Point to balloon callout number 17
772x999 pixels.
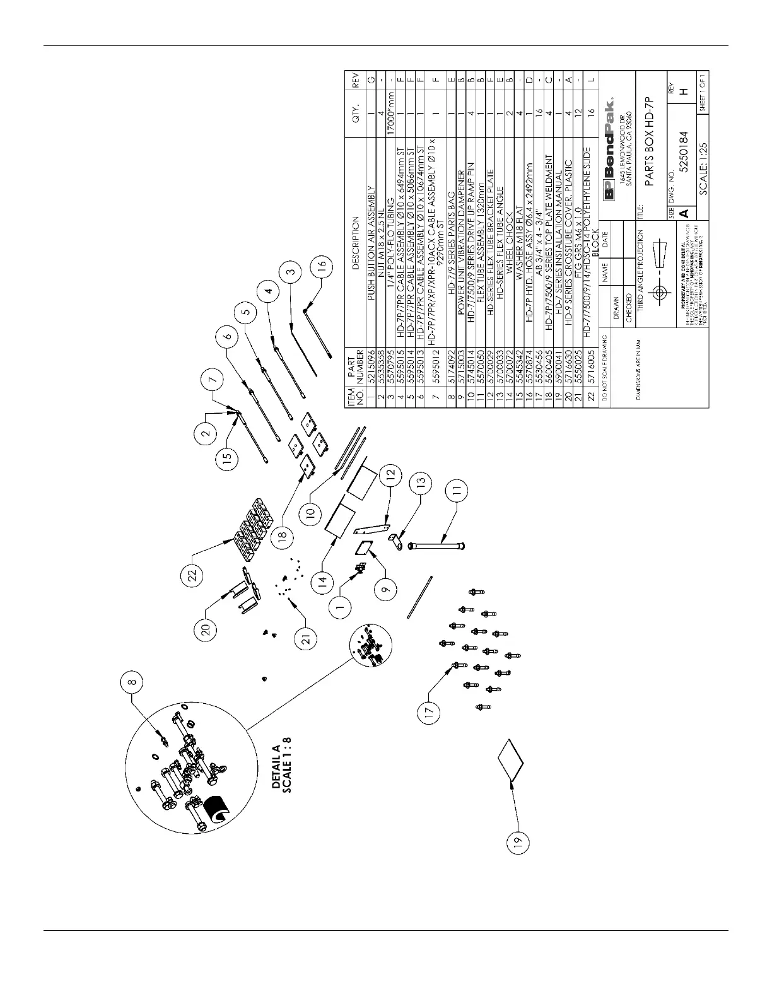[429, 711]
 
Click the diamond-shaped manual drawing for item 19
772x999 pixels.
[510, 760]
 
